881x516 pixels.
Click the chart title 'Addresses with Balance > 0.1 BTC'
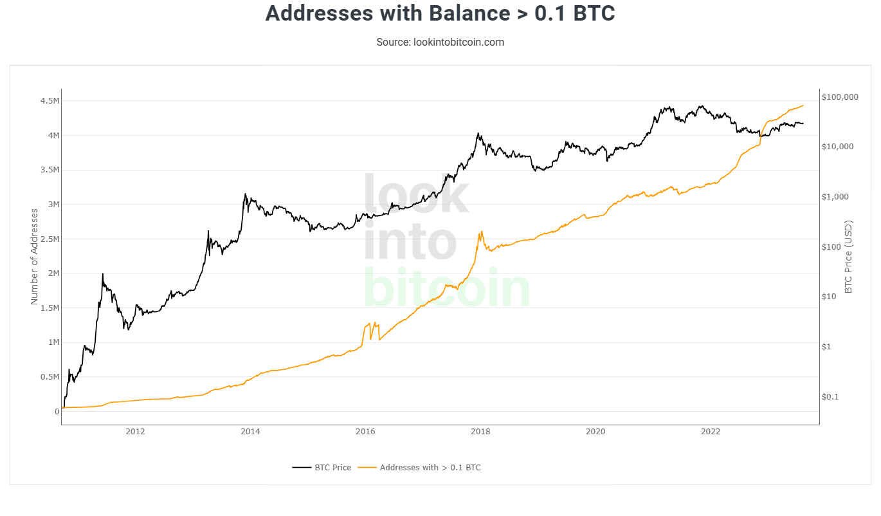click(x=440, y=14)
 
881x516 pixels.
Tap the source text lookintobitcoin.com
click(x=440, y=42)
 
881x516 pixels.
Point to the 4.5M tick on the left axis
click(x=50, y=101)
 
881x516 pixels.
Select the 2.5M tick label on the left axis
click(x=50, y=239)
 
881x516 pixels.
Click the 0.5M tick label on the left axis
click(x=50, y=377)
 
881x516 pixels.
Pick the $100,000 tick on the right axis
click(x=840, y=97)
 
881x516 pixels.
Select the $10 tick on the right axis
click(x=830, y=297)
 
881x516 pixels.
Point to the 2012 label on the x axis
click(x=135, y=431)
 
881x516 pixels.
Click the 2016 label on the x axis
click(x=365, y=431)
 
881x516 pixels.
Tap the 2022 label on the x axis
click(x=711, y=431)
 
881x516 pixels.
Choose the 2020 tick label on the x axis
click(x=595, y=431)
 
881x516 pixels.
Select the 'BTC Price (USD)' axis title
click(x=848, y=257)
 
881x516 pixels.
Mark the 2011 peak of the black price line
click(x=103, y=274)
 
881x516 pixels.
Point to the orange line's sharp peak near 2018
click(x=482, y=232)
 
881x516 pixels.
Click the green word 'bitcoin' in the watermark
click(x=447, y=288)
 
